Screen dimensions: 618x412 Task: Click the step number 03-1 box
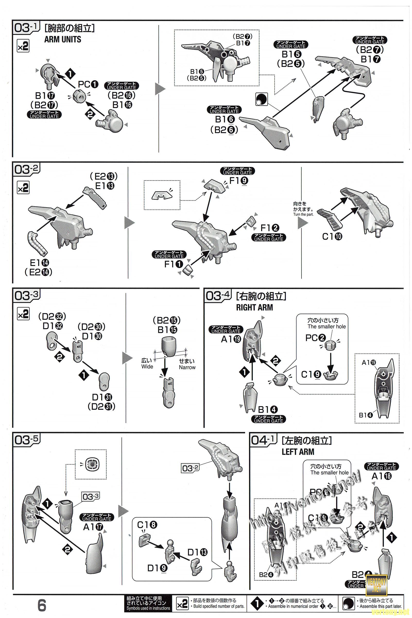(x=26, y=28)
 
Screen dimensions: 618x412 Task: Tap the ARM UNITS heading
(x=63, y=39)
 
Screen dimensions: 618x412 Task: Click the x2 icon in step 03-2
(x=23, y=188)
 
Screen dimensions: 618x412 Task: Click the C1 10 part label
(x=332, y=236)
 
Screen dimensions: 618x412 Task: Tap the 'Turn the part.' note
(x=303, y=214)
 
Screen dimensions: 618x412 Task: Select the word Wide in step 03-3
(x=147, y=366)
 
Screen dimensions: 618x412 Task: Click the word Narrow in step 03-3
(x=187, y=367)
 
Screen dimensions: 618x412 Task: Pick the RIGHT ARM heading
(x=254, y=307)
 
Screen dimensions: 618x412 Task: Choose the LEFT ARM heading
(x=298, y=452)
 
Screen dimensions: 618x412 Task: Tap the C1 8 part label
(x=147, y=525)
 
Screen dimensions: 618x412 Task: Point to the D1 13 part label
(x=197, y=552)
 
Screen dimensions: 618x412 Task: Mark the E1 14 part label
(x=39, y=262)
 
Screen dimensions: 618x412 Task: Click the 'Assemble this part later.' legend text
(x=381, y=606)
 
